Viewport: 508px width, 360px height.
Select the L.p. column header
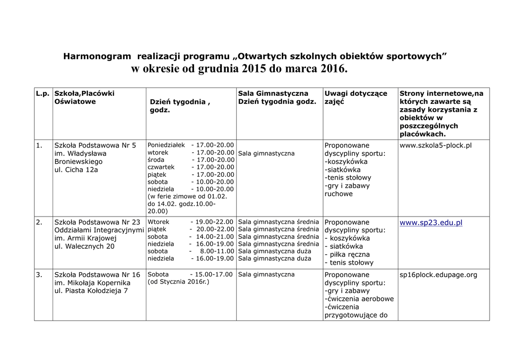pyautogui.click(x=43, y=93)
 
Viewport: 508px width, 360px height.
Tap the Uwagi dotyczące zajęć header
pyautogui.click(x=356, y=97)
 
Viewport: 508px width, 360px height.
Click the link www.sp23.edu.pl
pyautogui.click(x=431, y=222)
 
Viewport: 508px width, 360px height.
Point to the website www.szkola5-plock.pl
pyautogui.click(x=435, y=145)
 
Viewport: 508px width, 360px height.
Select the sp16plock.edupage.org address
pyautogui.click(x=438, y=275)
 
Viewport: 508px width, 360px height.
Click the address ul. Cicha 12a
pyautogui.click(x=76, y=170)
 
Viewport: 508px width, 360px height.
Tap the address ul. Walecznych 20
pyautogui.click(x=84, y=246)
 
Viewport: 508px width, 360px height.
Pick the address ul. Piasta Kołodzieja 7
pyautogui.click(x=91, y=291)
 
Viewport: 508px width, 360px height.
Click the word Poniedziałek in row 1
pyautogui.click(x=166, y=145)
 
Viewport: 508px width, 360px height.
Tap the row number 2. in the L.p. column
pyautogui.click(x=39, y=222)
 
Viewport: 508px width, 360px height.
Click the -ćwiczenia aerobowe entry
pyautogui.click(x=359, y=299)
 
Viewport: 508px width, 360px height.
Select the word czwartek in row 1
pyautogui.click(x=161, y=167)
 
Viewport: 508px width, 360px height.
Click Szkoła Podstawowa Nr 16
pyautogui.click(x=97, y=275)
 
